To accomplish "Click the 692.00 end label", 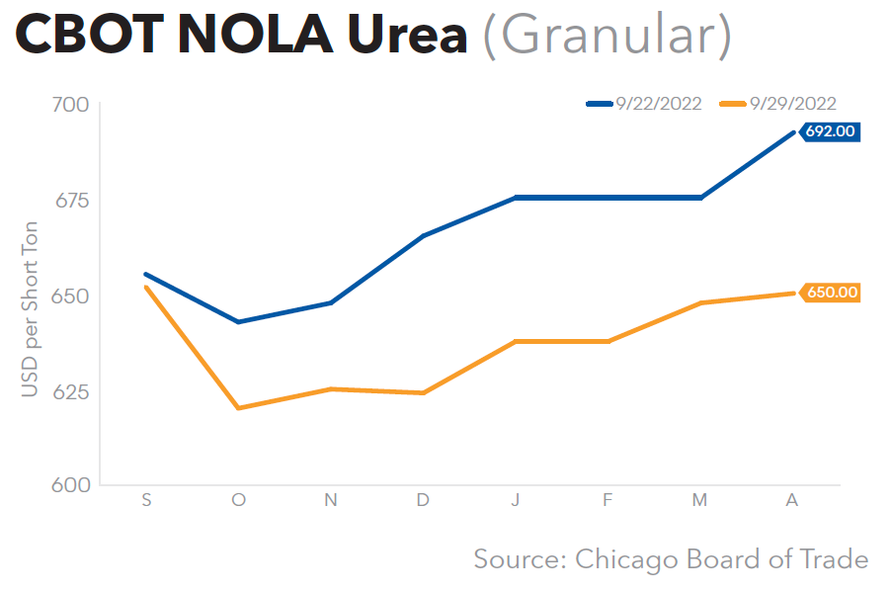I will click(x=831, y=131).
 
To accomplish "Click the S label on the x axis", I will click(x=146, y=501).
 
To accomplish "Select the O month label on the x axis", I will click(x=238, y=501).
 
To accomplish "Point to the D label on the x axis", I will click(x=423, y=501).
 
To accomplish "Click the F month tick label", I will click(x=607, y=501).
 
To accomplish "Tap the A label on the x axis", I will click(x=791, y=501).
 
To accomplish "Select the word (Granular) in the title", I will click(x=607, y=37).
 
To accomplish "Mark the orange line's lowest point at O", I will click(x=238, y=408).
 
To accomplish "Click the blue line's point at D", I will click(x=423, y=236).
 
